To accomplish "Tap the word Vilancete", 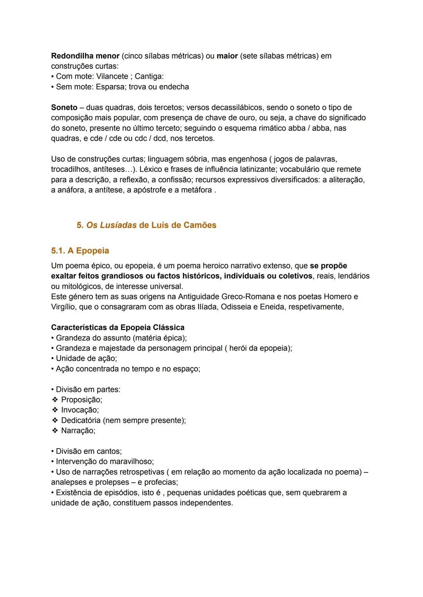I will (x=112, y=76).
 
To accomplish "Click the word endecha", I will (x=174, y=87).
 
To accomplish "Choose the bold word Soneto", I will (x=64, y=107).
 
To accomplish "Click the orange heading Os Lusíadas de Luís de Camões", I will (x=146, y=225).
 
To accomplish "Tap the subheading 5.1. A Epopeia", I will (x=80, y=251).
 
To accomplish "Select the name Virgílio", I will (x=64, y=307).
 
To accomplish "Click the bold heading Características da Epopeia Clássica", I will (x=117, y=327).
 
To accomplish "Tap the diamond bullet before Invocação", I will (x=55, y=410).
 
